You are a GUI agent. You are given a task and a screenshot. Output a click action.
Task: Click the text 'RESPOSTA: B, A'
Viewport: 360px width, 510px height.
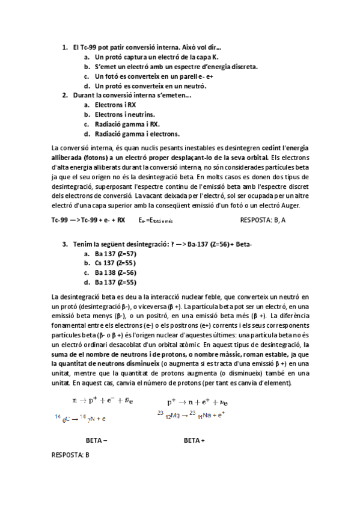(263, 220)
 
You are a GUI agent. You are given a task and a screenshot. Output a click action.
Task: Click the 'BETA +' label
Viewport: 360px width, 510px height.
(194, 440)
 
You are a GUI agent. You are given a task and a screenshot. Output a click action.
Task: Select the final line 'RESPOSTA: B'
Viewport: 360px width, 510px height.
(71, 455)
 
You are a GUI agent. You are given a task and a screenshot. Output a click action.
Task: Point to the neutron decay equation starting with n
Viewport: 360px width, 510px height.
(99, 400)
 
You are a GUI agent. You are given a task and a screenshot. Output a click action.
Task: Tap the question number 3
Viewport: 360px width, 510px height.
(64, 244)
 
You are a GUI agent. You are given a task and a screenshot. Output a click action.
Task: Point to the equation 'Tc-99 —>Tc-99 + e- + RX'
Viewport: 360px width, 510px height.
(88, 220)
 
